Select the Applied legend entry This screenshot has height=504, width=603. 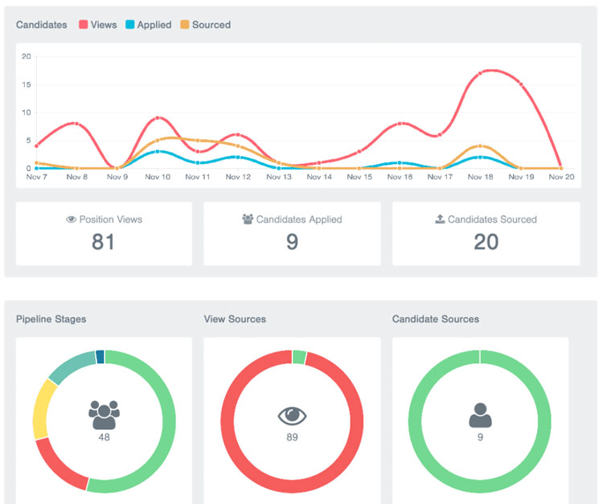click(x=148, y=25)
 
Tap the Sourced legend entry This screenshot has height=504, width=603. click(x=204, y=25)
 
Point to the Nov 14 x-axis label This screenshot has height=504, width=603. click(x=319, y=177)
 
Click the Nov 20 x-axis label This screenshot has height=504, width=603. click(x=561, y=177)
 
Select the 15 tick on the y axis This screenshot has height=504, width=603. click(x=26, y=84)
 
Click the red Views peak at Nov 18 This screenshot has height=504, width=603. click(x=481, y=73)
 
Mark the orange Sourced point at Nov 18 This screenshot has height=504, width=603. click(x=480, y=146)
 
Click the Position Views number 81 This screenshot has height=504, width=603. click(x=103, y=242)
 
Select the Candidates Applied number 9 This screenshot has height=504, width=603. click(x=292, y=242)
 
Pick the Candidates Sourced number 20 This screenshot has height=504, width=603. click(x=486, y=242)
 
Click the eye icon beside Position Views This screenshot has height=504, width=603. click(x=71, y=219)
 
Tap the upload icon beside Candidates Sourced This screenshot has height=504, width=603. click(x=440, y=219)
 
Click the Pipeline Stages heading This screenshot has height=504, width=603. click(x=51, y=319)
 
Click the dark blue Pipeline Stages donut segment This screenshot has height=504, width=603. click(x=100, y=357)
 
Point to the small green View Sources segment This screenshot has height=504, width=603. click(x=299, y=357)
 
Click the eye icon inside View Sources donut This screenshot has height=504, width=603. click(x=292, y=416)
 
